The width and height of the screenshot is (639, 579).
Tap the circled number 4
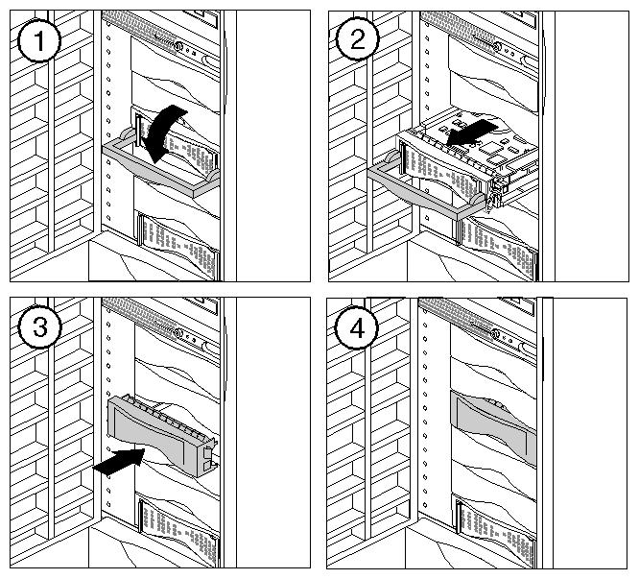tap(357, 327)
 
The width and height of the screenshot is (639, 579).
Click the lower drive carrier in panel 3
tap(180, 533)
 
